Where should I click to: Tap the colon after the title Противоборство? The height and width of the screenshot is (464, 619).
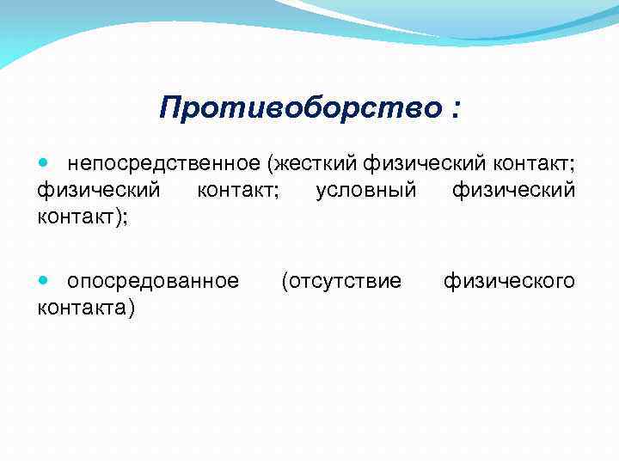pyautogui.click(x=453, y=110)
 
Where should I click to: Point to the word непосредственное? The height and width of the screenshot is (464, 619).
pyautogui.click(x=163, y=163)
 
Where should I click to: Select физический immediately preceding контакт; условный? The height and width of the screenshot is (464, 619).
pyautogui.click(x=98, y=190)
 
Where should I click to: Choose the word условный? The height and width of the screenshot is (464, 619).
pyautogui.click(x=366, y=190)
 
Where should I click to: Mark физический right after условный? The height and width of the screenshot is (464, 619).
pyautogui.click(x=513, y=190)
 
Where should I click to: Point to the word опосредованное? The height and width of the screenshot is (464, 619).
pyautogui.click(x=153, y=280)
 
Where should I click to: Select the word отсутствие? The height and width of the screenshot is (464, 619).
pyautogui.click(x=345, y=280)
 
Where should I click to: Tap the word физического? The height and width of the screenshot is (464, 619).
pyautogui.click(x=509, y=280)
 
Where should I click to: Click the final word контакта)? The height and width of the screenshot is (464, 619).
pyautogui.click(x=86, y=307)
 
